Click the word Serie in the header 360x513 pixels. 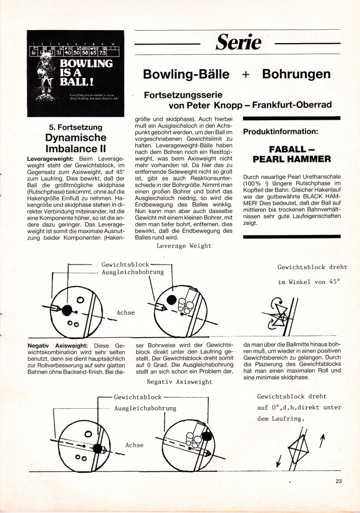click(238, 43)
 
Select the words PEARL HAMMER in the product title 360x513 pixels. click(292, 159)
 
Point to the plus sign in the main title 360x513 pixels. click(245, 75)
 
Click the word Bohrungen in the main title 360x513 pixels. click(296, 75)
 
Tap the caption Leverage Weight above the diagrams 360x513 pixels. click(184, 246)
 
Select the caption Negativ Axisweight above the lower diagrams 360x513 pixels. click(180, 382)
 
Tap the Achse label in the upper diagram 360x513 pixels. click(126, 313)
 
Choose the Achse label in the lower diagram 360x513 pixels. click(134, 445)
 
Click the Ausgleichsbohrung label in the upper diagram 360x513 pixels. click(133, 272)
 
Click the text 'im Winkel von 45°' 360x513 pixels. click(308, 282)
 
